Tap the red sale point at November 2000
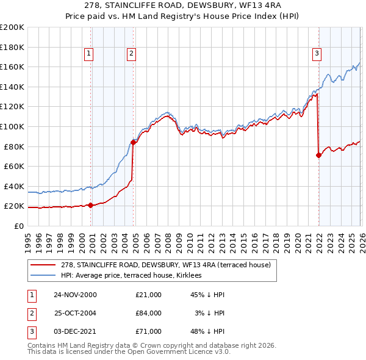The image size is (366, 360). [91, 205]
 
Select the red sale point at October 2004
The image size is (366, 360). [133, 143]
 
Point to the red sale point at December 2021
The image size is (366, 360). [318, 156]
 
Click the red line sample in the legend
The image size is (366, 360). [43, 264]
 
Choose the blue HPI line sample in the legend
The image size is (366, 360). [43, 275]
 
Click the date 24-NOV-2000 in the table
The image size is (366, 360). [75, 295]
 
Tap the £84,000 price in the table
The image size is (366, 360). [149, 313]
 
